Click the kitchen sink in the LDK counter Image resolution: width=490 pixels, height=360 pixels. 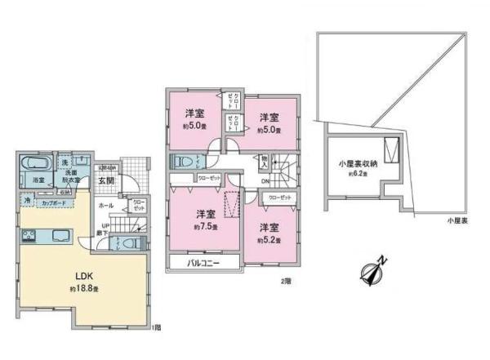point(63,238)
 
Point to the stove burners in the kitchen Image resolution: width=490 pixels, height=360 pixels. point(27,238)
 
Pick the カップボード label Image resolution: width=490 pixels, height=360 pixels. point(55,200)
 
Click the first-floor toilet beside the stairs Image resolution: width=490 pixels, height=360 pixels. point(135,243)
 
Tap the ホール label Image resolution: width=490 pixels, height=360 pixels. point(106,207)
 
